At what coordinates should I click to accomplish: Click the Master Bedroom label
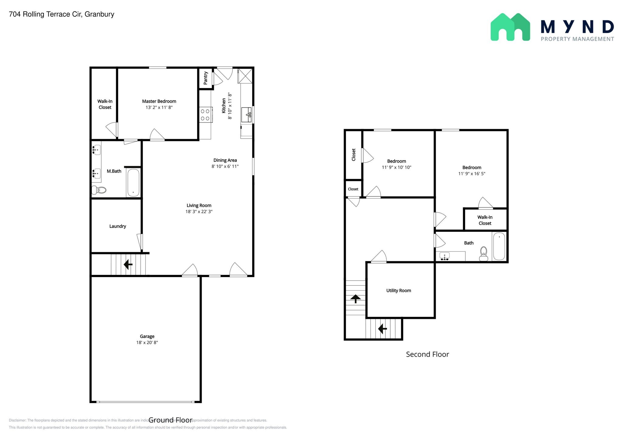click(159, 101)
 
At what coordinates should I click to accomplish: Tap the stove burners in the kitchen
click(205, 115)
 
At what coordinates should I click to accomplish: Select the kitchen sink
click(246, 115)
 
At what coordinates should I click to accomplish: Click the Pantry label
click(206, 78)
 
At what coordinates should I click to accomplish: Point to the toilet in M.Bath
click(99, 190)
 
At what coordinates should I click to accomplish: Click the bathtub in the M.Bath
click(133, 183)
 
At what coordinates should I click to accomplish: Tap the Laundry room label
click(117, 226)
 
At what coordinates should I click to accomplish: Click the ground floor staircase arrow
click(128, 264)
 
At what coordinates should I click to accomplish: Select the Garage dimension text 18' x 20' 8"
click(147, 343)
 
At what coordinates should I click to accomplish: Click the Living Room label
click(199, 206)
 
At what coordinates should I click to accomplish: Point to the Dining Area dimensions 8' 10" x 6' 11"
click(225, 166)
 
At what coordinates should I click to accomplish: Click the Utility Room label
click(399, 291)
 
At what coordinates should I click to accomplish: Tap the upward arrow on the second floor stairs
click(356, 298)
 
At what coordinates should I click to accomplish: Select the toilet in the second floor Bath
click(483, 254)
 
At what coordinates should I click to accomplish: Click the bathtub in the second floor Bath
click(499, 246)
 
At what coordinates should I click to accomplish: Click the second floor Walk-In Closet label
click(485, 220)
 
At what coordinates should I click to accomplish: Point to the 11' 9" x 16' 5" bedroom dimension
click(472, 174)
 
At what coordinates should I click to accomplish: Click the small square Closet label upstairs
click(353, 189)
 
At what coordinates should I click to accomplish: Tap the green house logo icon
click(510, 27)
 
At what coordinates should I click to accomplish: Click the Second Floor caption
click(427, 354)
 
